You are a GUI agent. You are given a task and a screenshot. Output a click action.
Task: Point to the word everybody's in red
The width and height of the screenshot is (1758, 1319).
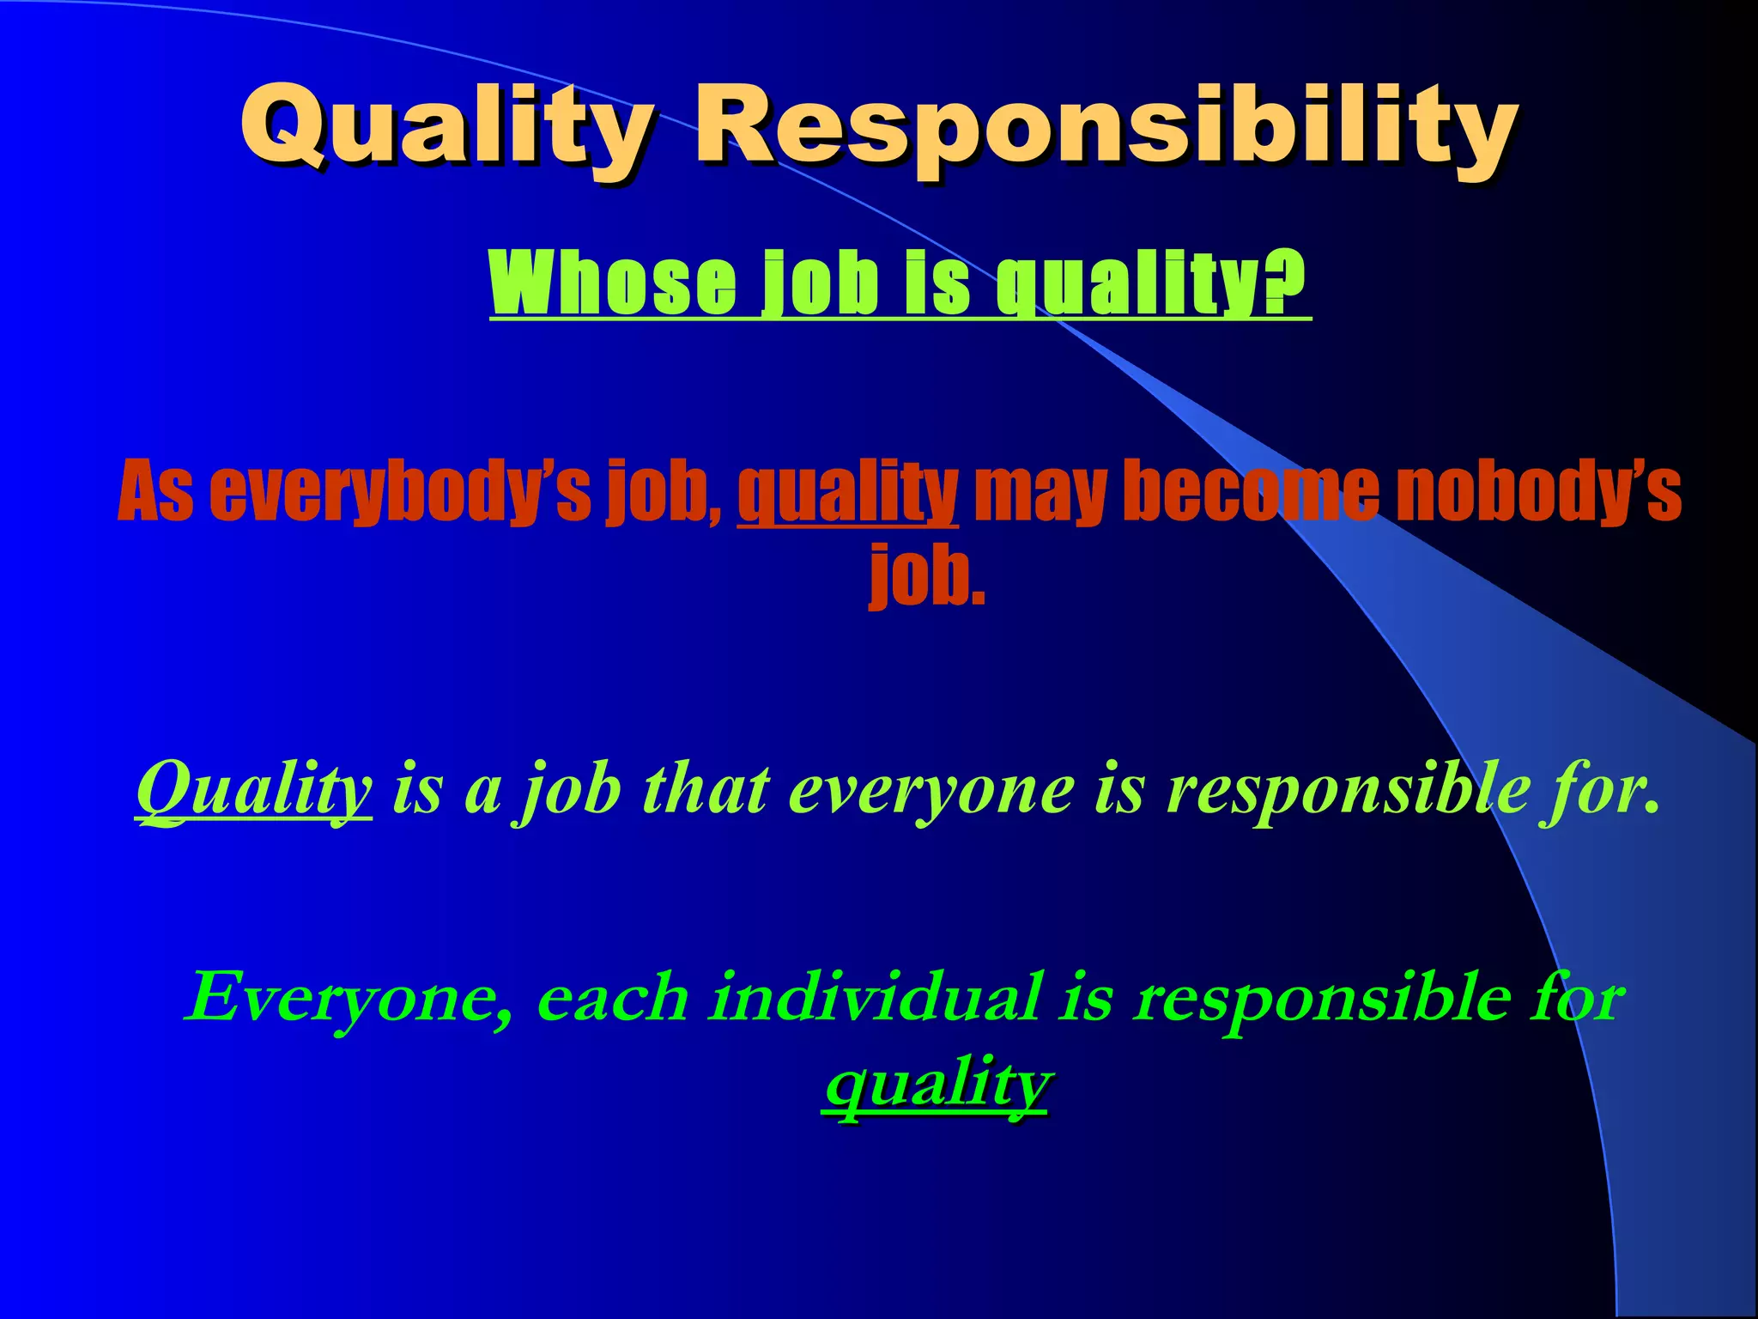pos(400,491)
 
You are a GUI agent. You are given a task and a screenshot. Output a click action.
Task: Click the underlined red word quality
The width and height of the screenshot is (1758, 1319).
pos(847,491)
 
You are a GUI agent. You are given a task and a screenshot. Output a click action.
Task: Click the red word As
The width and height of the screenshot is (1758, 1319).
pos(155,491)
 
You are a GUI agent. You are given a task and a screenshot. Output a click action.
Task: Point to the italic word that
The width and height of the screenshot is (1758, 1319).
pos(706,788)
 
